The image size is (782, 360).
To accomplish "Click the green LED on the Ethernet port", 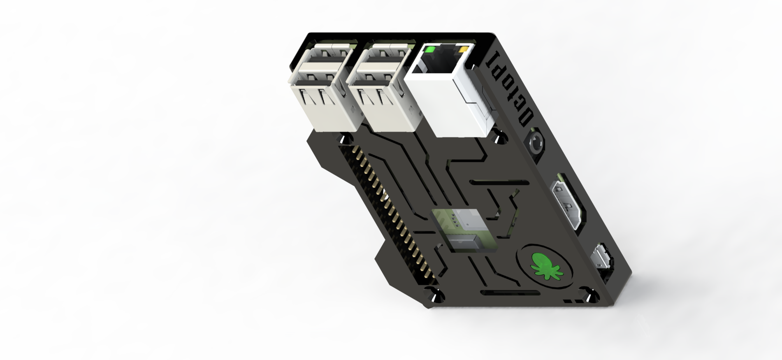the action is pyautogui.click(x=430, y=50).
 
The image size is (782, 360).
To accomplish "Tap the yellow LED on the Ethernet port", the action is pyautogui.click(x=464, y=50).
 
